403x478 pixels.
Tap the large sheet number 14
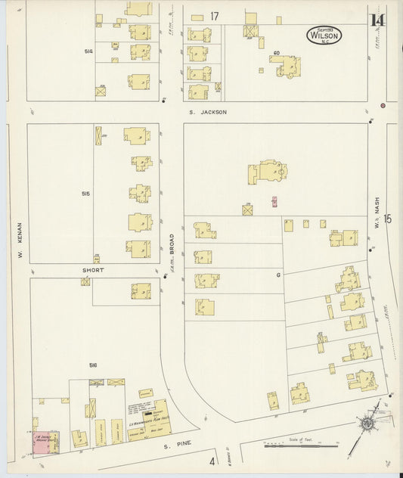(376, 20)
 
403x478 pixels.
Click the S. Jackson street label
(208, 112)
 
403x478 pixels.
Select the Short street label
(94, 269)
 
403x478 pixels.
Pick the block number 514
(89, 51)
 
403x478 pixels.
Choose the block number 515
(85, 194)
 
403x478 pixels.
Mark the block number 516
(93, 365)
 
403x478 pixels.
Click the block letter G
(277, 275)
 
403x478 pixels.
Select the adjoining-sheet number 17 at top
(215, 16)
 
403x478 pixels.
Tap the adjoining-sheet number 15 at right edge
(388, 219)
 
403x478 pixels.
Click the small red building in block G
(274, 202)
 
